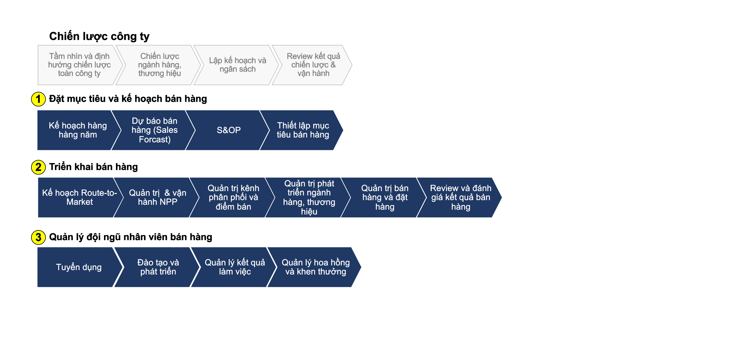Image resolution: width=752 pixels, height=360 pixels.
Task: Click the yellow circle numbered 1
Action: [x=38, y=99]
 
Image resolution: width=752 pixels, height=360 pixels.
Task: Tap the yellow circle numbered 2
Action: [x=38, y=167]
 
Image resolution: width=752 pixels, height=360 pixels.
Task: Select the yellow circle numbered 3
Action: [x=38, y=237]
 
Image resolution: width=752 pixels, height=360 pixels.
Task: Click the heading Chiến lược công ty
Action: [x=99, y=36]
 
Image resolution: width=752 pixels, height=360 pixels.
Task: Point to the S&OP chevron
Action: [x=228, y=130]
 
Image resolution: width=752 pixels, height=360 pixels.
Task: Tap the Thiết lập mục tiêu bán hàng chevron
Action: [x=302, y=130]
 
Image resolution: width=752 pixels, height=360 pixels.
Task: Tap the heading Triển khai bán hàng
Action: [x=94, y=167]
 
